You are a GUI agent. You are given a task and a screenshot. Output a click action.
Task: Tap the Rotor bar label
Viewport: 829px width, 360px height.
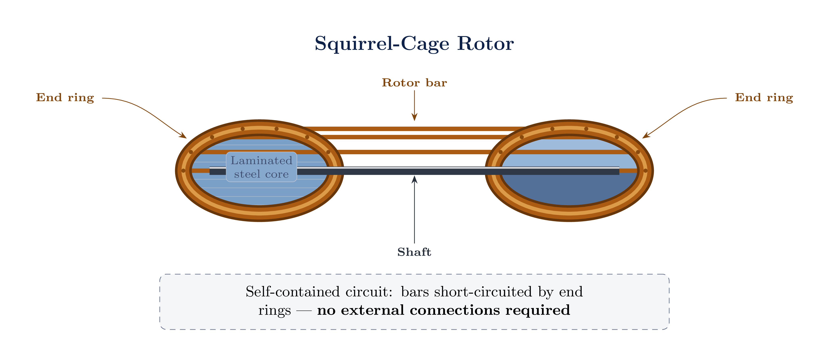414,83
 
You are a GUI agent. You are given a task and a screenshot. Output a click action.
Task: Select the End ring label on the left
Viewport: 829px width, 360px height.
65,98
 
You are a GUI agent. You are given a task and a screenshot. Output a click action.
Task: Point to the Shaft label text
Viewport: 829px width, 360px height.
414,252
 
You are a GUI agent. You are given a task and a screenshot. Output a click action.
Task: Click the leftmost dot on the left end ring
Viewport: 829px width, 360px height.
183,171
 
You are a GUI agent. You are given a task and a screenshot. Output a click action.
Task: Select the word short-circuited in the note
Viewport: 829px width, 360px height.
483,292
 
